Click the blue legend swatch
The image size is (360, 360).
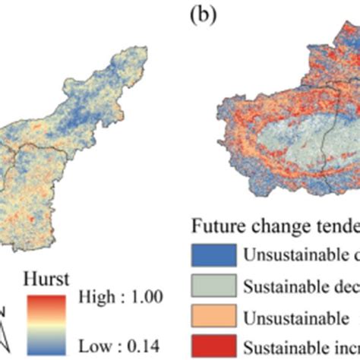(x=208, y=254)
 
